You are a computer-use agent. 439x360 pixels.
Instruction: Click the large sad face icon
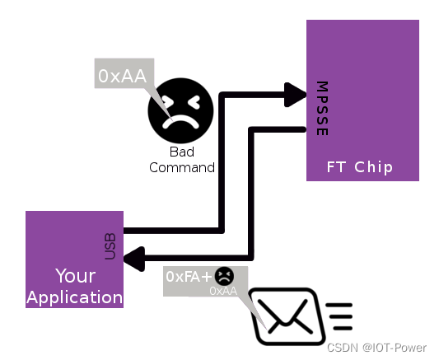click(180, 110)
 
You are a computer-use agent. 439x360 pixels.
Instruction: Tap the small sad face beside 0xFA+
click(224, 276)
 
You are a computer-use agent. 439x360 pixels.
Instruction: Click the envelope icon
click(287, 316)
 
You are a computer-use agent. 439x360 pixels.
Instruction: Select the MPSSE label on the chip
click(322, 109)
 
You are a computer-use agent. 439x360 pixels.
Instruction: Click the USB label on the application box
click(110, 246)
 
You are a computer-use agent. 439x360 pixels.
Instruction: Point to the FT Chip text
click(360, 167)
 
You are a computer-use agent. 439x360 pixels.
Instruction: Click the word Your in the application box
click(75, 276)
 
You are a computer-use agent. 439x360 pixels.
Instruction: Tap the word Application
click(75, 297)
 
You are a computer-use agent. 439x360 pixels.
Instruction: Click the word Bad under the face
click(182, 152)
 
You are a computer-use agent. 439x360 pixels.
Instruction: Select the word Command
click(182, 168)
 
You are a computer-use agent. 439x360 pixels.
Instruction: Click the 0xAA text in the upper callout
click(123, 76)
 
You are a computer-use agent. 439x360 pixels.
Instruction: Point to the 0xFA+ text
click(189, 277)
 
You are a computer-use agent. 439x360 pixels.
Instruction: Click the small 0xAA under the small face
click(223, 291)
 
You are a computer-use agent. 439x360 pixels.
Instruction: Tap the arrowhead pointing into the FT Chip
click(295, 95)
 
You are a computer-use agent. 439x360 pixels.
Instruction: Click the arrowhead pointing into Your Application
click(134, 259)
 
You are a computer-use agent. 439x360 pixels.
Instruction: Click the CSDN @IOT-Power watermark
click(376, 348)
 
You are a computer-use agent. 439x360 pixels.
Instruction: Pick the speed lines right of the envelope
click(339, 316)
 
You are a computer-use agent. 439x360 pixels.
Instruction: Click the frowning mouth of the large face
click(181, 122)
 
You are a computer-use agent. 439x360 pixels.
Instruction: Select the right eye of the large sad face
click(194, 101)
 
